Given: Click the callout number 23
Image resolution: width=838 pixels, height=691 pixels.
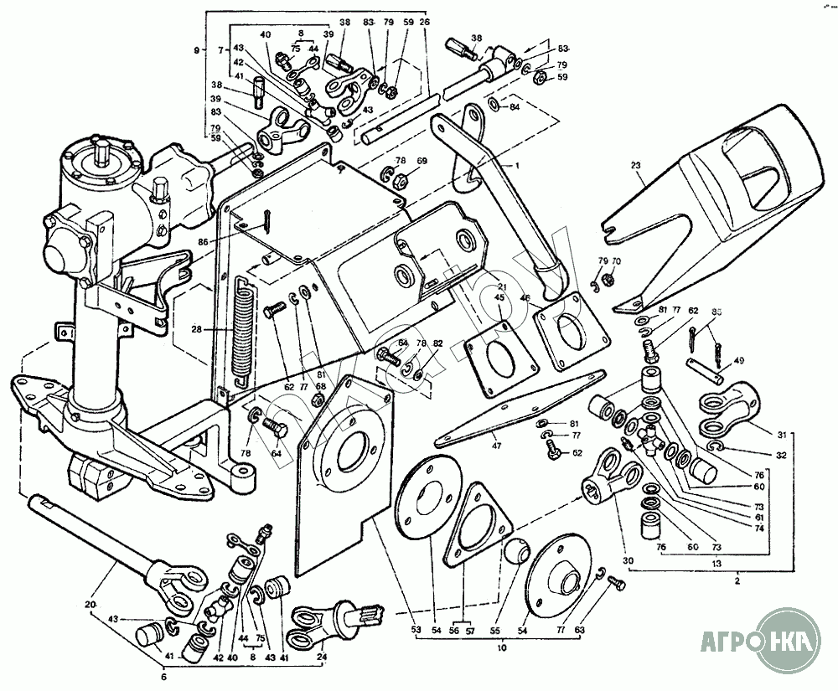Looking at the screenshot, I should [x=639, y=166].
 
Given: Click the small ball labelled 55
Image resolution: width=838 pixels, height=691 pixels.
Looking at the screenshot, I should [x=515, y=552].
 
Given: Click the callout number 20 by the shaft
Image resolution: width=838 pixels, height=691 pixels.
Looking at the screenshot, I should [x=91, y=604].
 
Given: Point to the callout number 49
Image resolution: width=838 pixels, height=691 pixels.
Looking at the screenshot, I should [x=738, y=362].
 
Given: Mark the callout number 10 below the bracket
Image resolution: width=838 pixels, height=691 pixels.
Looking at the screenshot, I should [x=501, y=648].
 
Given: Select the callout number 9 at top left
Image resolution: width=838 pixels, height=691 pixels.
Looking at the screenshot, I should [x=195, y=51].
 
